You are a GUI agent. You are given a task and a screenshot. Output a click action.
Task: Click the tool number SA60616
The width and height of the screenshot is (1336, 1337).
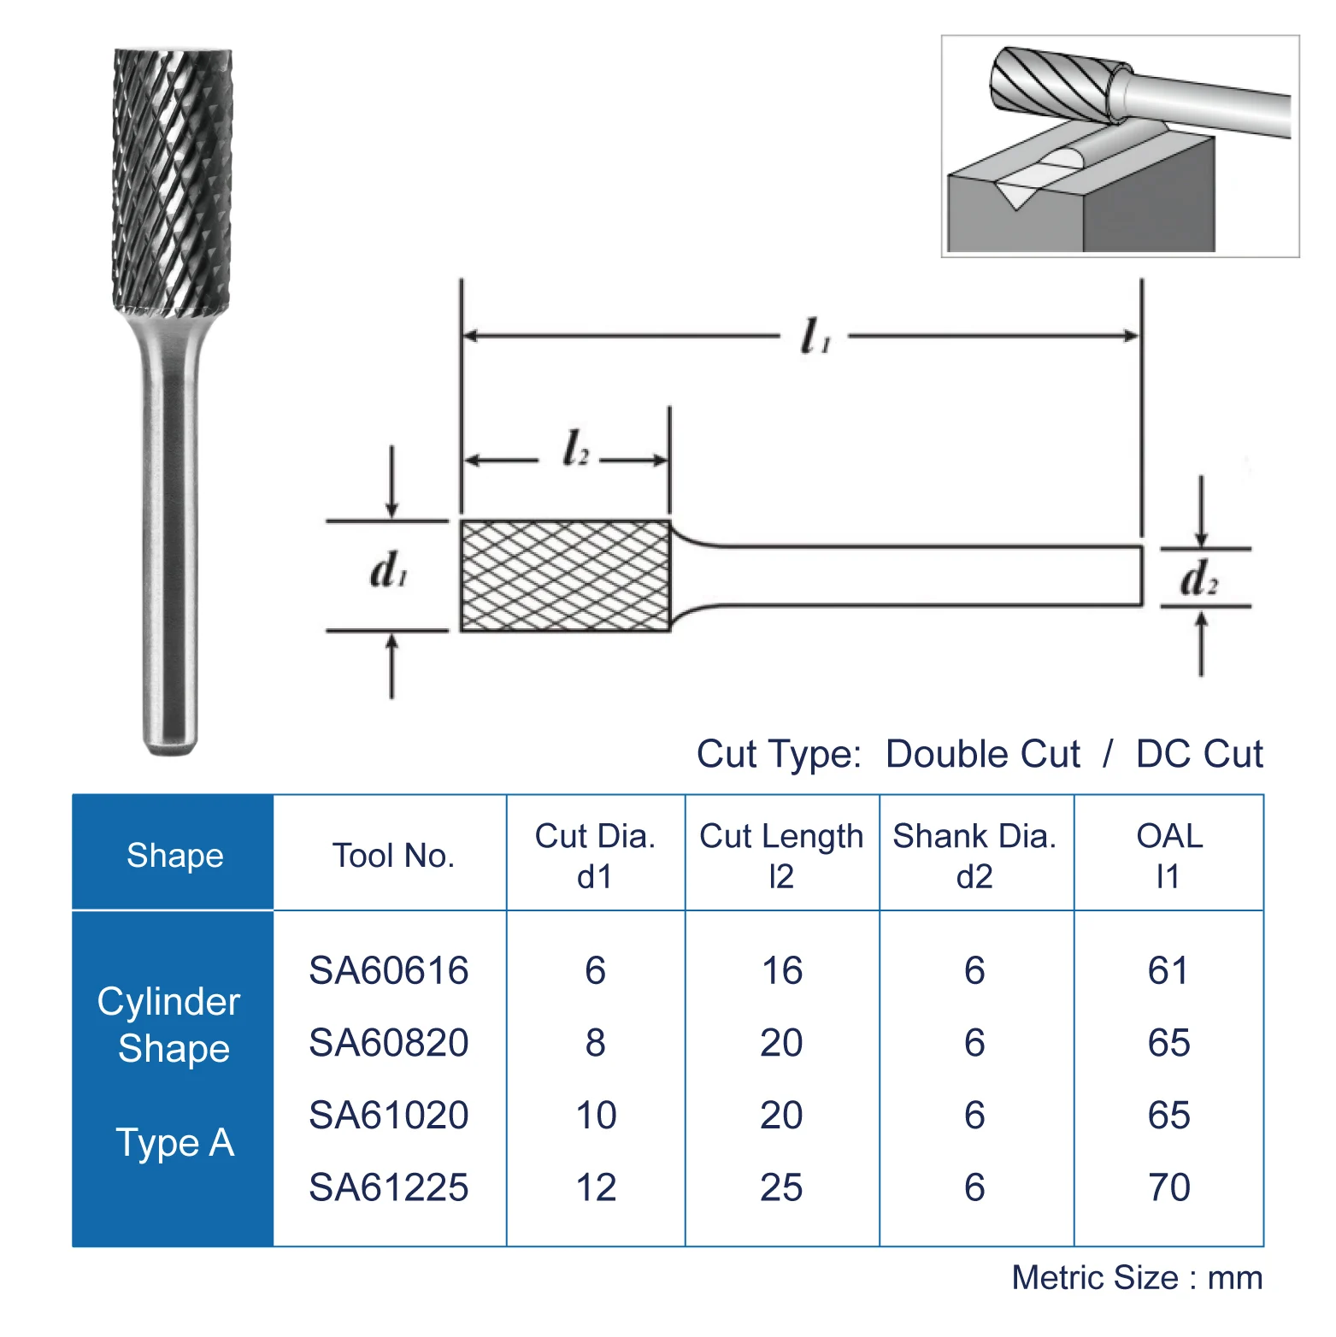tap(388, 970)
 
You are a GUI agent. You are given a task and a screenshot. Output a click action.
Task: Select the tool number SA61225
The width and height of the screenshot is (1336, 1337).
tap(388, 1187)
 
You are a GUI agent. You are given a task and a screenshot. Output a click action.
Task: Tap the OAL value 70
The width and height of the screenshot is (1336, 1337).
tap(1168, 1187)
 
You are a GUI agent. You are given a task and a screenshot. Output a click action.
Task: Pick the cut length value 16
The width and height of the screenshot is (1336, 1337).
tap(781, 970)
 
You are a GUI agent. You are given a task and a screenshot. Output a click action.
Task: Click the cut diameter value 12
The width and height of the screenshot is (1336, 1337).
tap(596, 1187)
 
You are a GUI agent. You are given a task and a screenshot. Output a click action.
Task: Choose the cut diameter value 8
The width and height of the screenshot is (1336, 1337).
tap(596, 1043)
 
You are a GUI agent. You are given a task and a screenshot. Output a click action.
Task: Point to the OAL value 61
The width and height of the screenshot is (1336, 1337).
tap(1168, 970)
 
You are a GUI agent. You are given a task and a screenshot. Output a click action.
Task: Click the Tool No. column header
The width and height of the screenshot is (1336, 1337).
tap(393, 855)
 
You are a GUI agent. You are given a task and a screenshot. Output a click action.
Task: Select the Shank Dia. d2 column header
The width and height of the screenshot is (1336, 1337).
tap(974, 855)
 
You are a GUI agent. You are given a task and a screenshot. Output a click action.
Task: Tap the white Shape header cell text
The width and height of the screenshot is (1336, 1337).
tap(174, 855)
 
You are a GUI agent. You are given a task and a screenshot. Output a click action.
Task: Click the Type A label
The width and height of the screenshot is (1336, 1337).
tap(174, 1143)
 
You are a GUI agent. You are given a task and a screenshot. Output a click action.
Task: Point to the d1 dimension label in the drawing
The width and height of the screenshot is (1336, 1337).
tap(389, 570)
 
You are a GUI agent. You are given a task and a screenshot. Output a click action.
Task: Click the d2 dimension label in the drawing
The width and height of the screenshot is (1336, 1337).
tap(1198, 579)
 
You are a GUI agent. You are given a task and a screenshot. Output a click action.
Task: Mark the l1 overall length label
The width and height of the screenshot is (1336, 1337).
tap(814, 336)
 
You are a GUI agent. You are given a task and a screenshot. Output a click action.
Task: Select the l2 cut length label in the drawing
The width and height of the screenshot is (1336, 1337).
tap(575, 449)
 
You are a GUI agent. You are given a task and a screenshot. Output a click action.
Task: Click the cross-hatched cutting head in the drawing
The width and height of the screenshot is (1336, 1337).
tap(565, 575)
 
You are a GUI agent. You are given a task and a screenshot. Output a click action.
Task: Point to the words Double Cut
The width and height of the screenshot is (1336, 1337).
tap(982, 754)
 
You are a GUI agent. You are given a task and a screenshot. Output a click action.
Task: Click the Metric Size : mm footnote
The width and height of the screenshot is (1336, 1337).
tap(1137, 1277)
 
